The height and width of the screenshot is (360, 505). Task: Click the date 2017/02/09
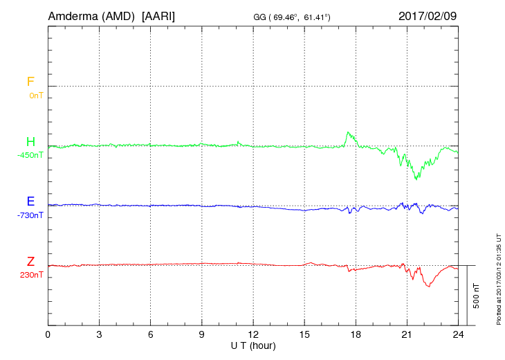tap(428, 15)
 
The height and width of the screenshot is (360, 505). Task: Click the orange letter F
tap(30, 82)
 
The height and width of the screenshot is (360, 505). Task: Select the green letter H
tap(30, 142)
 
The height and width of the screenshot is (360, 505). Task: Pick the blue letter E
tap(30, 202)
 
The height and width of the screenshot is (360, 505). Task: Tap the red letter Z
tap(30, 262)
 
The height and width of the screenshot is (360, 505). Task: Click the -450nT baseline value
tap(30, 155)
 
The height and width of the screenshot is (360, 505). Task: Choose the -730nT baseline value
tap(30, 215)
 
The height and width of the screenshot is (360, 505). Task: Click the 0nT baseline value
tap(36, 95)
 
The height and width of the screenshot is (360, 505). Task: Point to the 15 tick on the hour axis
tap(304, 334)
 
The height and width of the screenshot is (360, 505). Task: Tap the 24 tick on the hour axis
tap(457, 334)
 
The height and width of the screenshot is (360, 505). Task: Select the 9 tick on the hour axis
tap(201, 334)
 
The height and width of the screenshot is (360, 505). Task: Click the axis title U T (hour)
tap(252, 345)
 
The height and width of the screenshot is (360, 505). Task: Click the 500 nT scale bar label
tap(477, 296)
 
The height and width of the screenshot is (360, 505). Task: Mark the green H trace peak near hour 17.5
tap(348, 132)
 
